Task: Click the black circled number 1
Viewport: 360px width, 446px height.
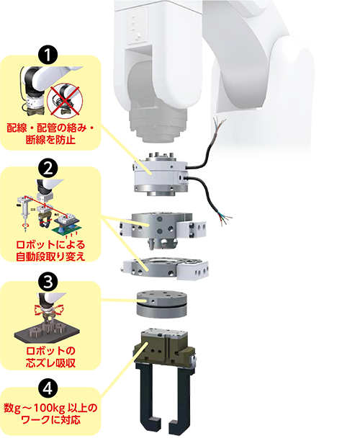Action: pyautogui.click(x=48, y=55)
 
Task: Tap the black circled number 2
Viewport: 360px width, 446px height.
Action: pyautogui.click(x=48, y=169)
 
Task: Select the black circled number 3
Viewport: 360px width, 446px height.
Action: pyautogui.click(x=48, y=282)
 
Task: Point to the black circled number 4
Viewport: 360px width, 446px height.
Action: pyautogui.click(x=48, y=388)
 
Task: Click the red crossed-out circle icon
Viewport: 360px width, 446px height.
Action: pyautogui.click(x=65, y=101)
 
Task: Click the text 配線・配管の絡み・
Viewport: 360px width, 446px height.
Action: pyautogui.click(x=50, y=128)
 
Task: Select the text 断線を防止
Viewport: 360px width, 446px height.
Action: pyautogui.click(x=50, y=140)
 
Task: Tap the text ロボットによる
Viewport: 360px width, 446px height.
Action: pyautogui.click(x=50, y=245)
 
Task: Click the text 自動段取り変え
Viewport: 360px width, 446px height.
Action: pyautogui.click(x=50, y=257)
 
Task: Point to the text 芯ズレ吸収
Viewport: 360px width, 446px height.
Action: pyautogui.click(x=50, y=363)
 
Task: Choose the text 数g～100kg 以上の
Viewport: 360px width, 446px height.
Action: pyautogui.click(x=50, y=408)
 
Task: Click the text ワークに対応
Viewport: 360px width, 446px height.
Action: pyautogui.click(x=50, y=420)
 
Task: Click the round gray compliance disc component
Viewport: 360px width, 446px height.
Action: pyautogui.click(x=161, y=304)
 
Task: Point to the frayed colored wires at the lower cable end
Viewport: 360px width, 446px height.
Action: pyautogui.click(x=224, y=219)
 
